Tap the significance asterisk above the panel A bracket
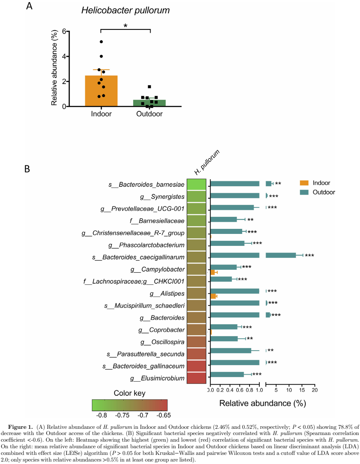click(125, 26)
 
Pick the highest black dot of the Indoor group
click(101, 41)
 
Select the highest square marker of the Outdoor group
click(149, 87)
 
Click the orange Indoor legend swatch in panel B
click(304, 183)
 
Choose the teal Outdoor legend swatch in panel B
click(304, 192)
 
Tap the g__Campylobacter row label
click(157, 269)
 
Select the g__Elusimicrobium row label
click(157, 378)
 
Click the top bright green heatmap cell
click(197, 184)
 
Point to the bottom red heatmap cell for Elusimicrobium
click(197, 378)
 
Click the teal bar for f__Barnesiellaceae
click(223, 219)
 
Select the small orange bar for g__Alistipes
click(213, 296)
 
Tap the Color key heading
click(130, 392)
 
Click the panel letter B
click(27, 169)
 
